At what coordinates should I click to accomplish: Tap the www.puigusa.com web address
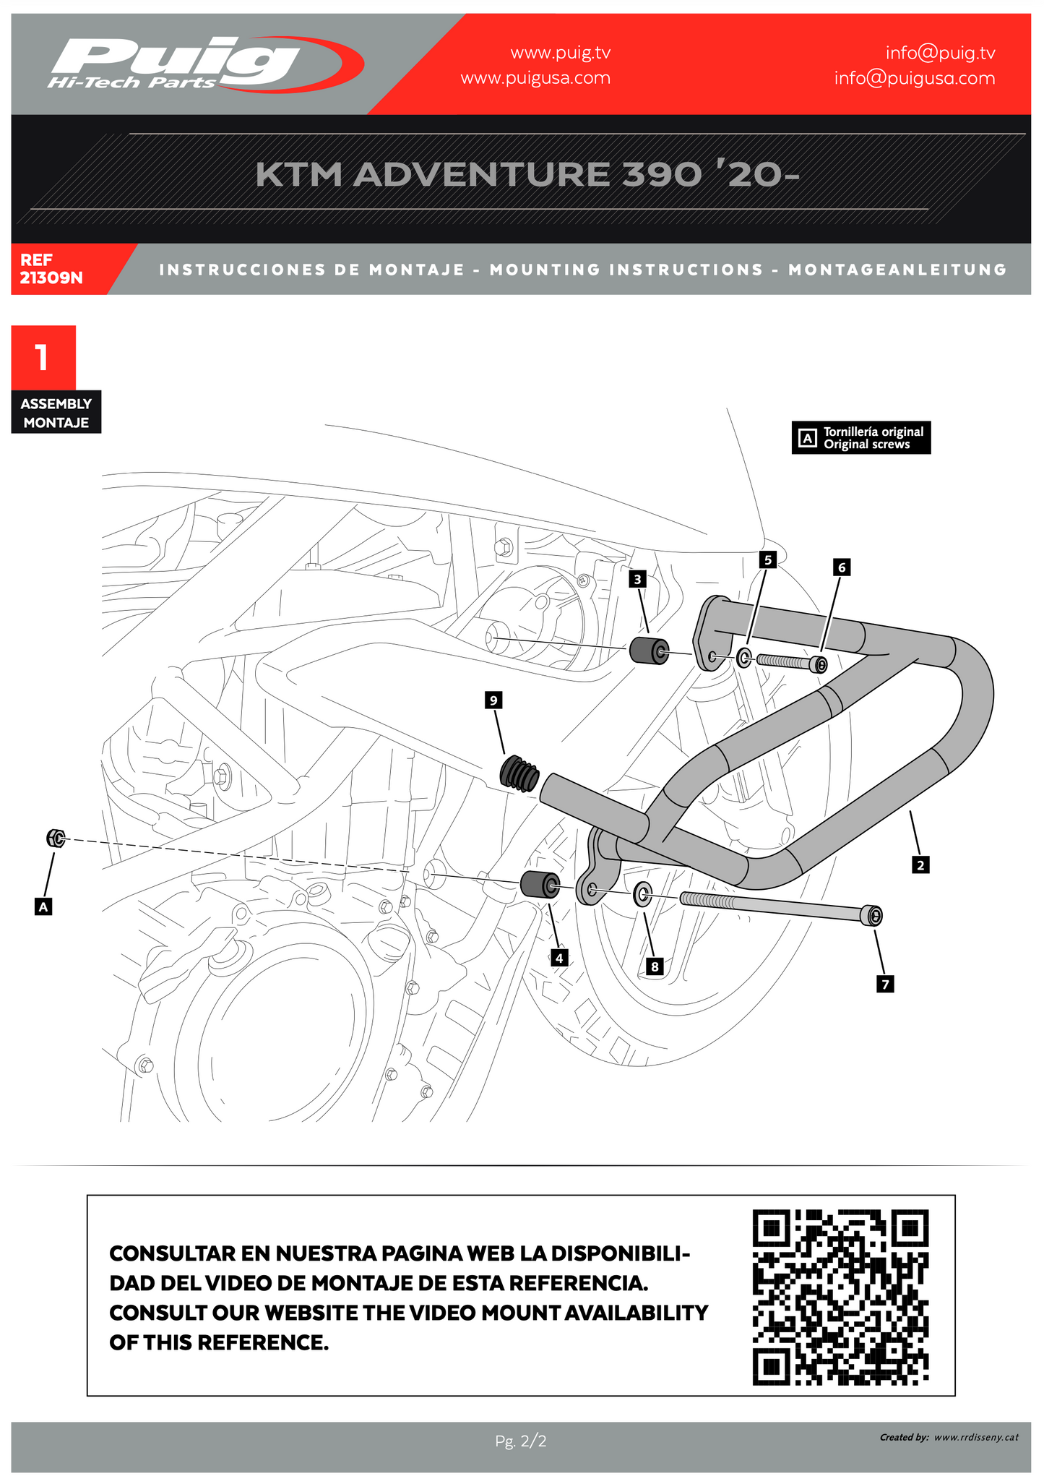535,78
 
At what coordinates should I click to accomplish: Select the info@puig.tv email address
940,53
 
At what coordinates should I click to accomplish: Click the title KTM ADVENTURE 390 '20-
527,176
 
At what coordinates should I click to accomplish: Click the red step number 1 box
43,357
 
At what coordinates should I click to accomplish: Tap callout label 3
637,579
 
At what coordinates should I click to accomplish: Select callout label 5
768,559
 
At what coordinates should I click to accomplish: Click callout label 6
841,567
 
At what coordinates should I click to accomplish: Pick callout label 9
493,700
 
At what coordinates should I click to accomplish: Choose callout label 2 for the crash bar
920,865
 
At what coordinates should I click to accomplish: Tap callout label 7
885,984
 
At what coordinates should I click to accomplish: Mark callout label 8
655,966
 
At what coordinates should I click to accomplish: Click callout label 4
558,958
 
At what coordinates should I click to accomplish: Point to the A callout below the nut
43,906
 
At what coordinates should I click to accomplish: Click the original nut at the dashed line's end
56,838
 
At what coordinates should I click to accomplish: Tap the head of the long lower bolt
873,916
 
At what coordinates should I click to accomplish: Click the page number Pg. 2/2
521,1441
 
